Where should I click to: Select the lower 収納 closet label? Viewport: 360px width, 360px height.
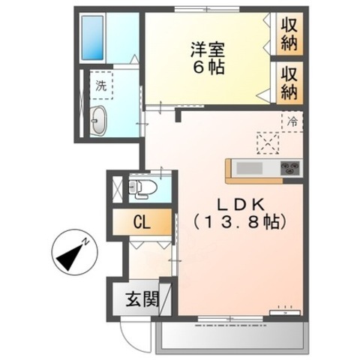click(x=289, y=83)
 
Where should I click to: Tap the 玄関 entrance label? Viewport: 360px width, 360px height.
click(x=141, y=301)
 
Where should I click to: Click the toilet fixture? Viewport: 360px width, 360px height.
click(x=142, y=187)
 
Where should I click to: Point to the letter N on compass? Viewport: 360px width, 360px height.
click(x=87, y=241)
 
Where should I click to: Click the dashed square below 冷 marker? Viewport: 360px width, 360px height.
click(x=267, y=142)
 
